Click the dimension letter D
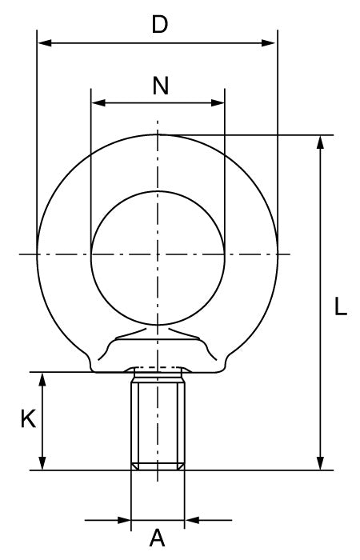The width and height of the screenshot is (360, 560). tap(160, 25)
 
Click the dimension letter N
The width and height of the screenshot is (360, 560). tap(160, 86)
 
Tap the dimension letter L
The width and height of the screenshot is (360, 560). tap(340, 306)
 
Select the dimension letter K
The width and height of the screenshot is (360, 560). tap(28, 419)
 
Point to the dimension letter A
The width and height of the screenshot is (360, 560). tap(157, 538)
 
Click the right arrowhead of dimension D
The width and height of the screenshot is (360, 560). tap(268, 43)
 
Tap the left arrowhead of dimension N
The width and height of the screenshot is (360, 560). tap(98, 103)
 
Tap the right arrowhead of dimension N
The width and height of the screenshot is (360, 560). tap(218, 103)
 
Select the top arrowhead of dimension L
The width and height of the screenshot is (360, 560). tap(320, 142)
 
